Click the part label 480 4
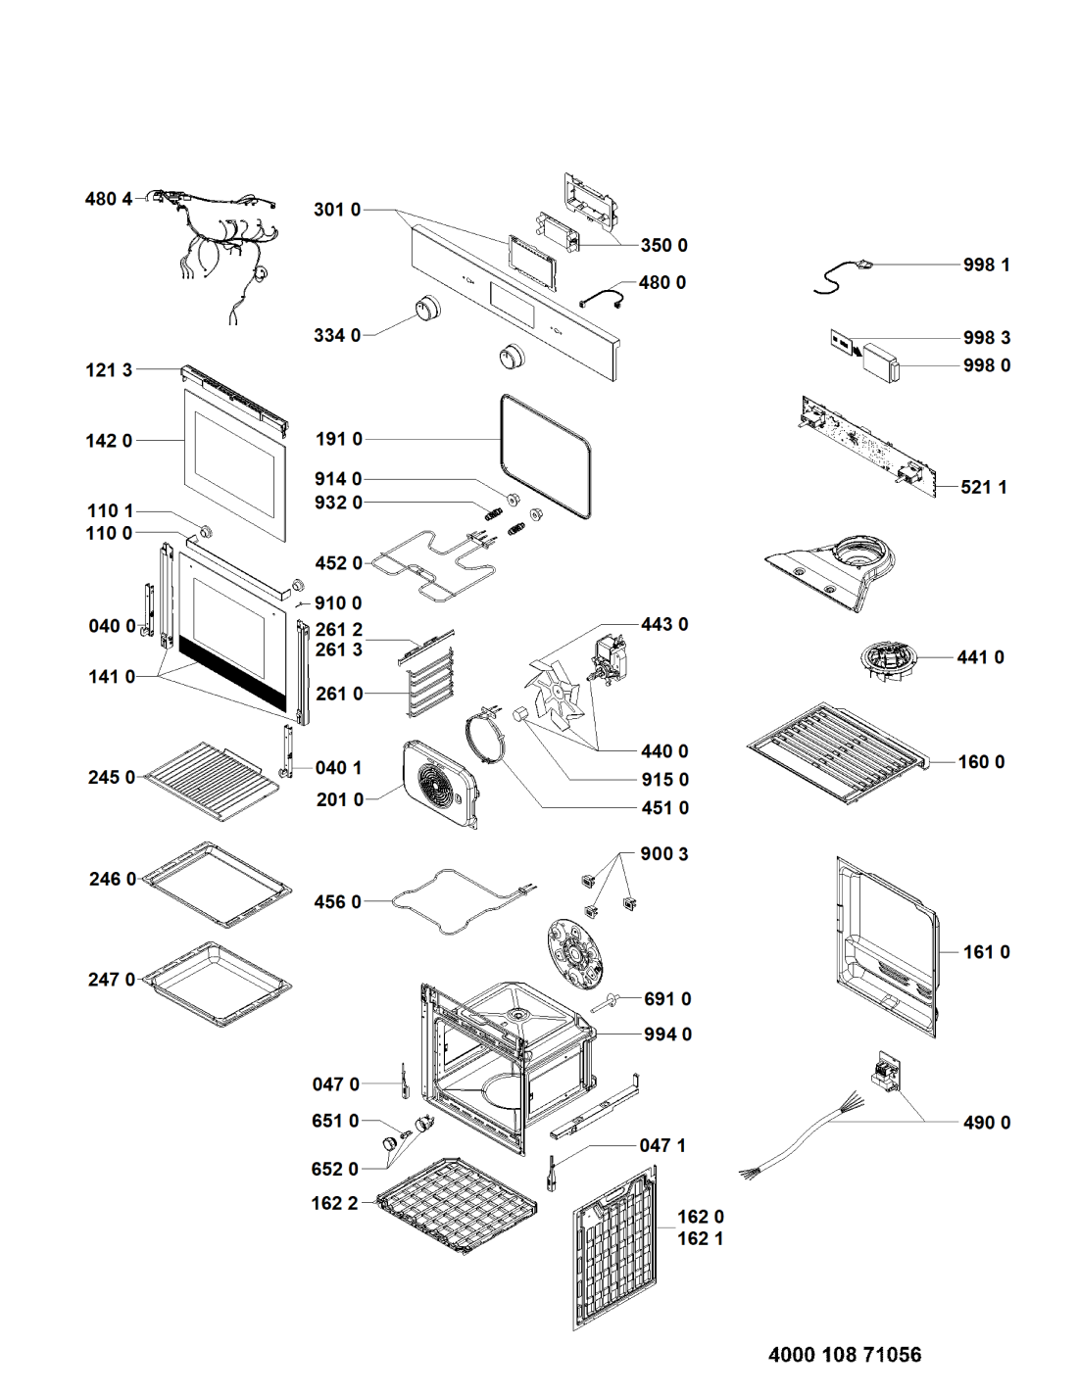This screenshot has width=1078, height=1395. tap(108, 199)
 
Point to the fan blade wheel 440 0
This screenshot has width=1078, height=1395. tap(555, 690)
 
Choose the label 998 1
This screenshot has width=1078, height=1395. tap(986, 265)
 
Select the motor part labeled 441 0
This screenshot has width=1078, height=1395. tap(886, 662)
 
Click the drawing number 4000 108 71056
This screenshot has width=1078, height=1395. tap(844, 1354)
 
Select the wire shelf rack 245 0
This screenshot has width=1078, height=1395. tap(210, 780)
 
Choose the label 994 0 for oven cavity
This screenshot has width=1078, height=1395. tap(667, 1034)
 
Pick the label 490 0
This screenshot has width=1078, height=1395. tap(986, 1123)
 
